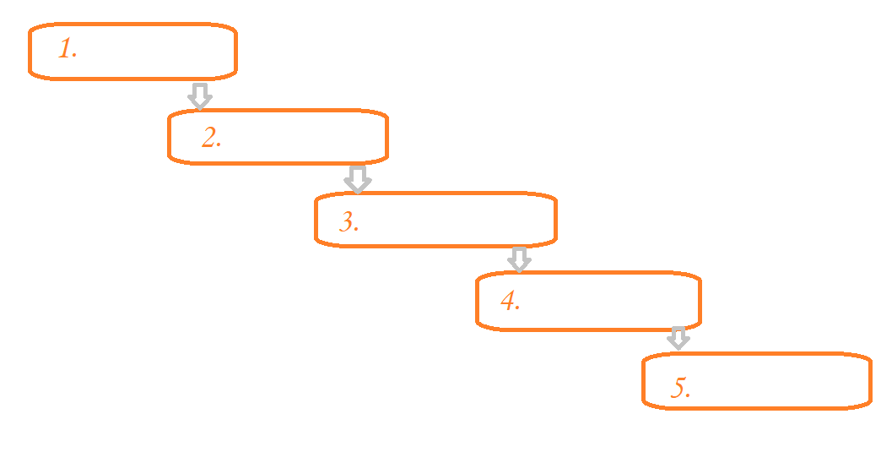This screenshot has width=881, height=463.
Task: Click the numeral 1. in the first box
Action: [x=68, y=49]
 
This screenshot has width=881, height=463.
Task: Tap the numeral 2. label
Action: [x=212, y=138]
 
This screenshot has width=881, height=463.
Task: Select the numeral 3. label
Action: [x=349, y=222]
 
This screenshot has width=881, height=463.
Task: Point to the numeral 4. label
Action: [x=510, y=301]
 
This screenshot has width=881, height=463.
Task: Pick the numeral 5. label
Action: [x=681, y=388]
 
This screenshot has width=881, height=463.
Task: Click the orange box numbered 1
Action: [x=132, y=52]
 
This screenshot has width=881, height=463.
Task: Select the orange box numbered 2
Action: [x=278, y=136]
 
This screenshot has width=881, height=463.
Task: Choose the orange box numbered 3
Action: [x=435, y=220]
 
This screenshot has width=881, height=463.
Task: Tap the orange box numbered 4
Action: [x=588, y=300]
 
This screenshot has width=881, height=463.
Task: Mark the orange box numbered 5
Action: [x=756, y=381]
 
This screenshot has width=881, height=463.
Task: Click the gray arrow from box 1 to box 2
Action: [x=199, y=95]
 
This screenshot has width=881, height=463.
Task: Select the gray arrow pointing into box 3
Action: [x=358, y=179]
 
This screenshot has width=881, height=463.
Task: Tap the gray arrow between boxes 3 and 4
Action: [x=520, y=259]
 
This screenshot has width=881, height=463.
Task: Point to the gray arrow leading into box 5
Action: [x=678, y=338]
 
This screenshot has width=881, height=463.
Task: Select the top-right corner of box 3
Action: [x=554, y=198]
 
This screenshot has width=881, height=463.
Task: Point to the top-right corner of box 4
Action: [x=698, y=276]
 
